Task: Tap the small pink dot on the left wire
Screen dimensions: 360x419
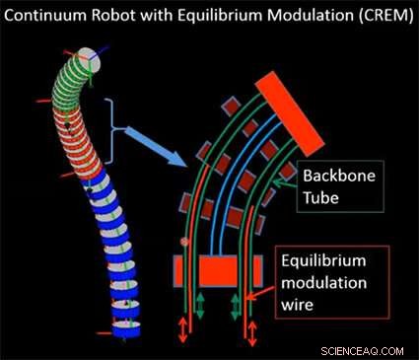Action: pyautogui.click(x=183, y=240)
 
